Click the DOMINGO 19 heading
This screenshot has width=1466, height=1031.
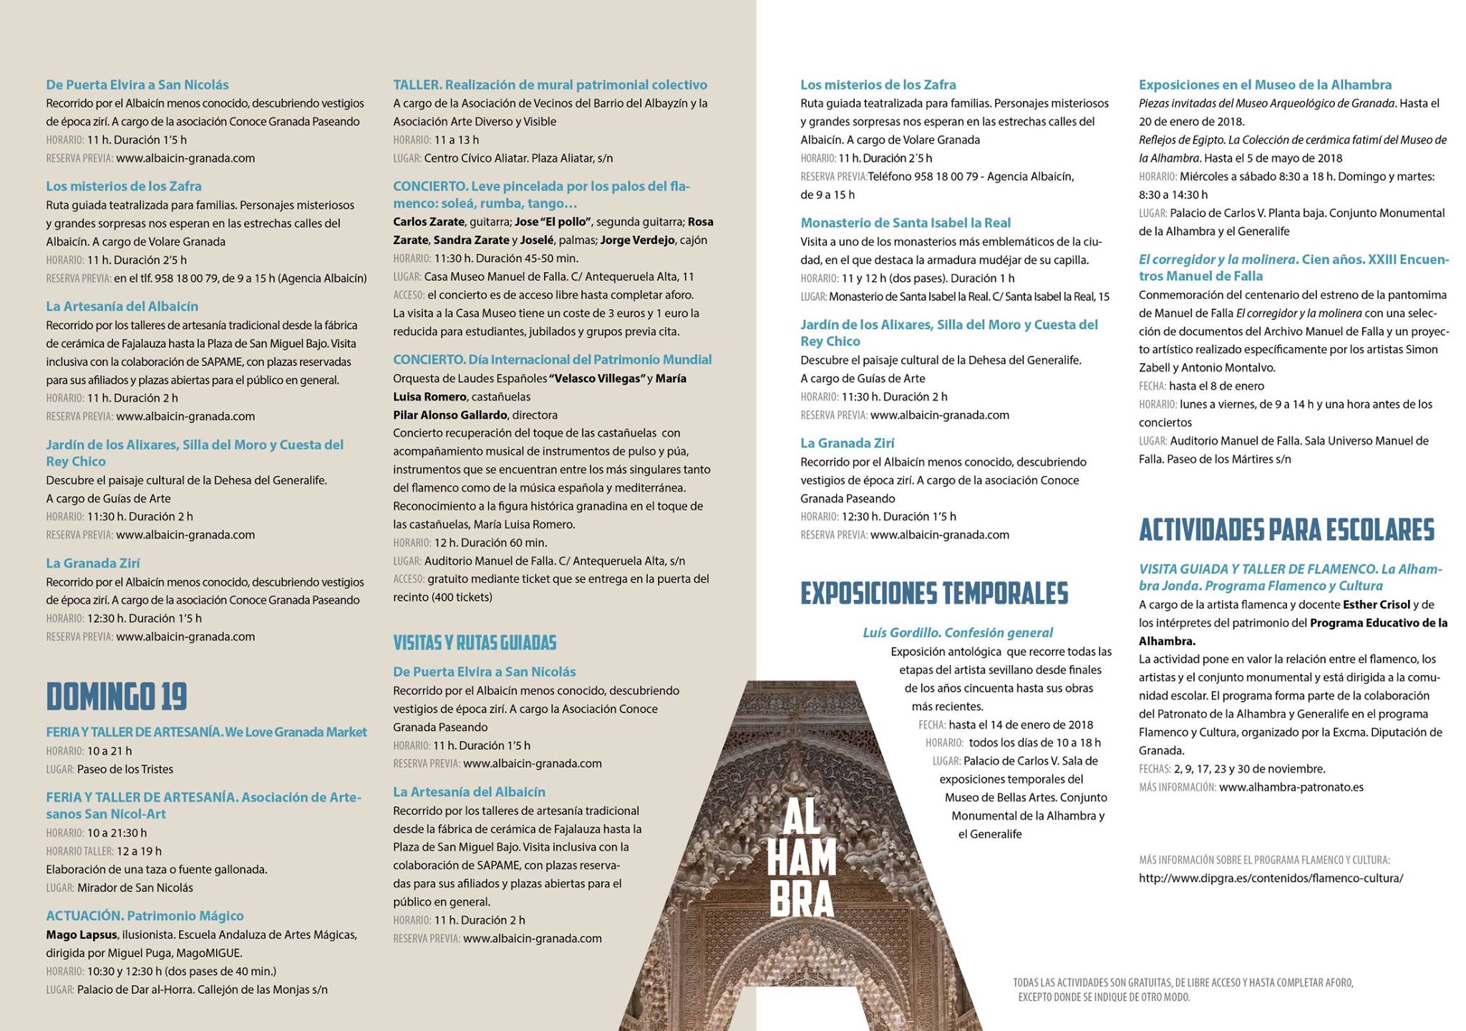117,697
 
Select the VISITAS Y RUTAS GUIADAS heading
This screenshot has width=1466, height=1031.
475,643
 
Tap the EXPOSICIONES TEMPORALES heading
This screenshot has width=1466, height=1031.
934,594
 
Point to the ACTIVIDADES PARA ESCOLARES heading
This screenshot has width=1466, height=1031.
1286,531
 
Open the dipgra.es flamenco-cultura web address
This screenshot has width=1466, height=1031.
1271,878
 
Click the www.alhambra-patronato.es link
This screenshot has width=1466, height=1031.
1291,787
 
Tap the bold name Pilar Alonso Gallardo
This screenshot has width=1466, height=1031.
450,415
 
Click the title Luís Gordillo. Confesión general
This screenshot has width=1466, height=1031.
958,632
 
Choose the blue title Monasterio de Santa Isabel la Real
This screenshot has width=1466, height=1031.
906,223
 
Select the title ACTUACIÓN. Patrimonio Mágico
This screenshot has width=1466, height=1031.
145,916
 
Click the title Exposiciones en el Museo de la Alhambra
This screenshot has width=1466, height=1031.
1265,84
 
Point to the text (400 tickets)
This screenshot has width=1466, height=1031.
442,597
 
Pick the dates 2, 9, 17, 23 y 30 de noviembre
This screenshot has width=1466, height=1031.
1249,769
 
